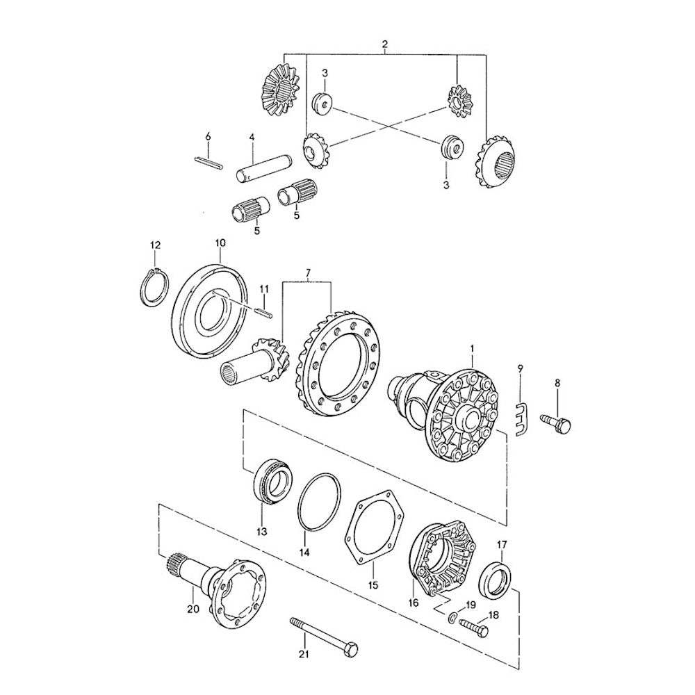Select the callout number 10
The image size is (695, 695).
220,243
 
